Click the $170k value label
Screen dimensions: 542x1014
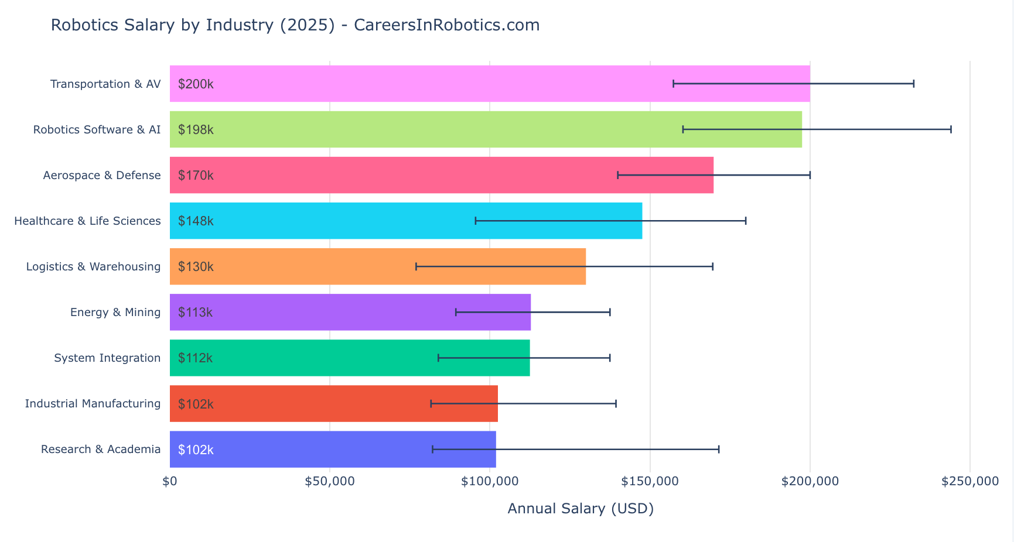pos(196,175)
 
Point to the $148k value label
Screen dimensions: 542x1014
pos(196,221)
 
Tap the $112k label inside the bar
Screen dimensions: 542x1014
pos(196,358)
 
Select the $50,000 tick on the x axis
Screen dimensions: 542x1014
pos(330,482)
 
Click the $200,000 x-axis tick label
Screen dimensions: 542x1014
pos(810,482)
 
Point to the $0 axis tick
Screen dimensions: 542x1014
pos(170,482)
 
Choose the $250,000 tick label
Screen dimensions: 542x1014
pos(969,482)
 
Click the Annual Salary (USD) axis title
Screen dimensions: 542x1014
pos(580,508)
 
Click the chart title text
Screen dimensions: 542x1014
pos(295,25)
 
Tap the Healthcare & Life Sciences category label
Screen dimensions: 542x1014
pos(87,221)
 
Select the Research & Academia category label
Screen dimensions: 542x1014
pos(101,449)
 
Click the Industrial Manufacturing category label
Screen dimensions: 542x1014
pos(93,403)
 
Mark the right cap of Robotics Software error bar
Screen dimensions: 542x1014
pos(951,129)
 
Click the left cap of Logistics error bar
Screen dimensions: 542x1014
pos(416,266)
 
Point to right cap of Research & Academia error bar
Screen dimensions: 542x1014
pos(719,449)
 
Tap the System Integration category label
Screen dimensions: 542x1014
pos(107,358)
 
